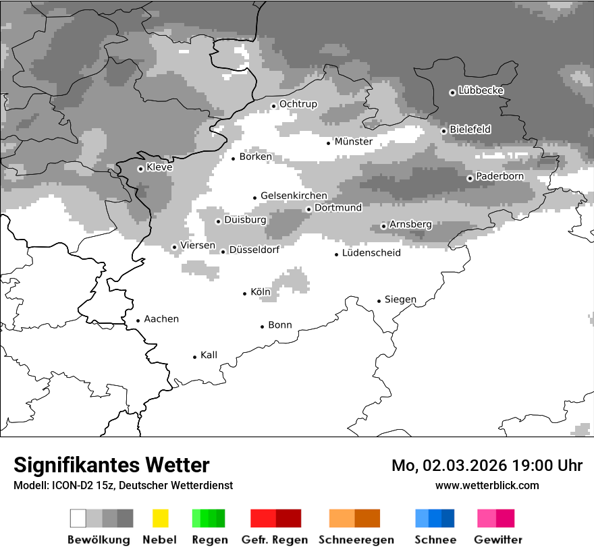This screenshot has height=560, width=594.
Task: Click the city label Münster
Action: (x=353, y=142)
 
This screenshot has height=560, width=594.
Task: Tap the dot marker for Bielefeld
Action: (x=444, y=131)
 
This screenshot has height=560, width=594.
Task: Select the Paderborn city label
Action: (x=500, y=177)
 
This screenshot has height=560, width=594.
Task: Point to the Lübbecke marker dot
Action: (x=453, y=92)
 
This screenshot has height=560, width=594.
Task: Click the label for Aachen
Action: (x=161, y=319)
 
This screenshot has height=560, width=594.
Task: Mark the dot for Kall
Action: (x=195, y=357)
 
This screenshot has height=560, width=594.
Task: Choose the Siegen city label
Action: (x=400, y=300)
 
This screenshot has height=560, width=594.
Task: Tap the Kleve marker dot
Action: (x=140, y=169)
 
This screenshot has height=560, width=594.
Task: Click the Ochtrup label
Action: (x=298, y=104)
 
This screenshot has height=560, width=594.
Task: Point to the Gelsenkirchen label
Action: (x=294, y=196)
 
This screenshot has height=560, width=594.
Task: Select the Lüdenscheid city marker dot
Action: (x=337, y=254)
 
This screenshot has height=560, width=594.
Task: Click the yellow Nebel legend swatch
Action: (x=160, y=518)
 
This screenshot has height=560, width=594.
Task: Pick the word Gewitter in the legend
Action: (x=498, y=540)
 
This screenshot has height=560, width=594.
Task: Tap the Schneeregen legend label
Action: (x=356, y=540)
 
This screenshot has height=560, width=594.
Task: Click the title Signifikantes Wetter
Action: (x=111, y=465)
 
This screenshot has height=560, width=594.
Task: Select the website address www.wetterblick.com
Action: (x=487, y=485)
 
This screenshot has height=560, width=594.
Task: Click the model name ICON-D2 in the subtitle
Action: (x=69, y=485)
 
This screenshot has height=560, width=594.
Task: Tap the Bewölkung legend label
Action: (x=99, y=540)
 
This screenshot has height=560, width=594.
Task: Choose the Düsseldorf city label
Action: (x=254, y=250)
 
